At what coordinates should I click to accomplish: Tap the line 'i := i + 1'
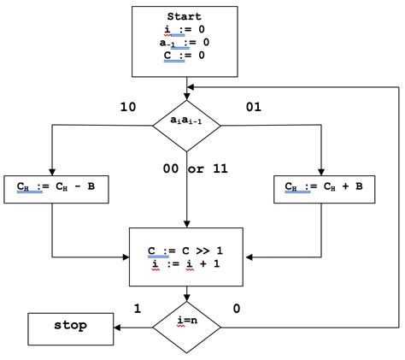pyautogui.click(x=186, y=265)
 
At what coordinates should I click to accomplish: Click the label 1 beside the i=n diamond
pyautogui.click(x=137, y=308)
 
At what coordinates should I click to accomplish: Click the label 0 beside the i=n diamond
pyautogui.click(x=237, y=308)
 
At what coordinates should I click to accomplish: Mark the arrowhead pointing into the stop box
pyautogui.click(x=116, y=326)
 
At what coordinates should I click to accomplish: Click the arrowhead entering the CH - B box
pyautogui.click(x=52, y=169)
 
